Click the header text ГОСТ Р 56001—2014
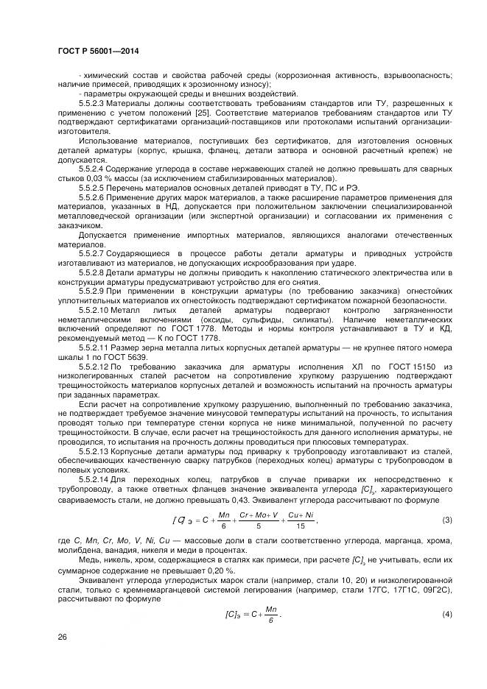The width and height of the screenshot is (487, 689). click(98, 51)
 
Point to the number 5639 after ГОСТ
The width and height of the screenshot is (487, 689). click(138, 358)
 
